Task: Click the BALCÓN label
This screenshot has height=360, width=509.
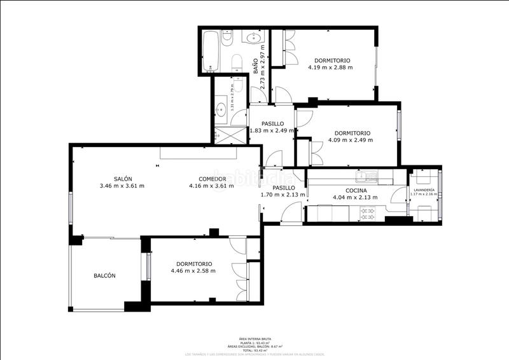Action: point(104,276)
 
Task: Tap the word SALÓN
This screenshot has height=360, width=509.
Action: point(123,179)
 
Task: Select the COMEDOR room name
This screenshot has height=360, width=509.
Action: point(212,179)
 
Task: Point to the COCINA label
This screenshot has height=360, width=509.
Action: point(355,190)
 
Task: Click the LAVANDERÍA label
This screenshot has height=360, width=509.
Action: point(424,190)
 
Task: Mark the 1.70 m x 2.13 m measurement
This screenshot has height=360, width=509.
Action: point(283,195)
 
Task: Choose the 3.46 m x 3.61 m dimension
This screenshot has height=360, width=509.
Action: point(122,186)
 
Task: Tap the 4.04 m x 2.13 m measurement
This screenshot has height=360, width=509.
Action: point(355,197)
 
